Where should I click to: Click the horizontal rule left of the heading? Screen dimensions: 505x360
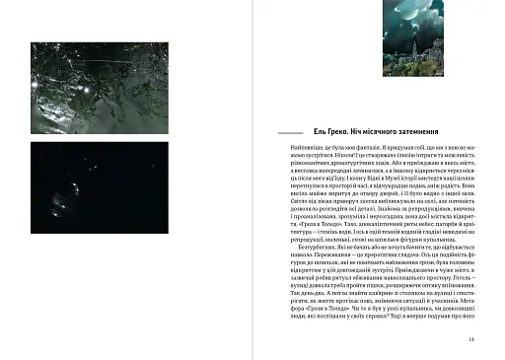pyautogui.click(x=292, y=131)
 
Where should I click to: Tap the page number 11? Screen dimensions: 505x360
pyautogui.click(x=472, y=339)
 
